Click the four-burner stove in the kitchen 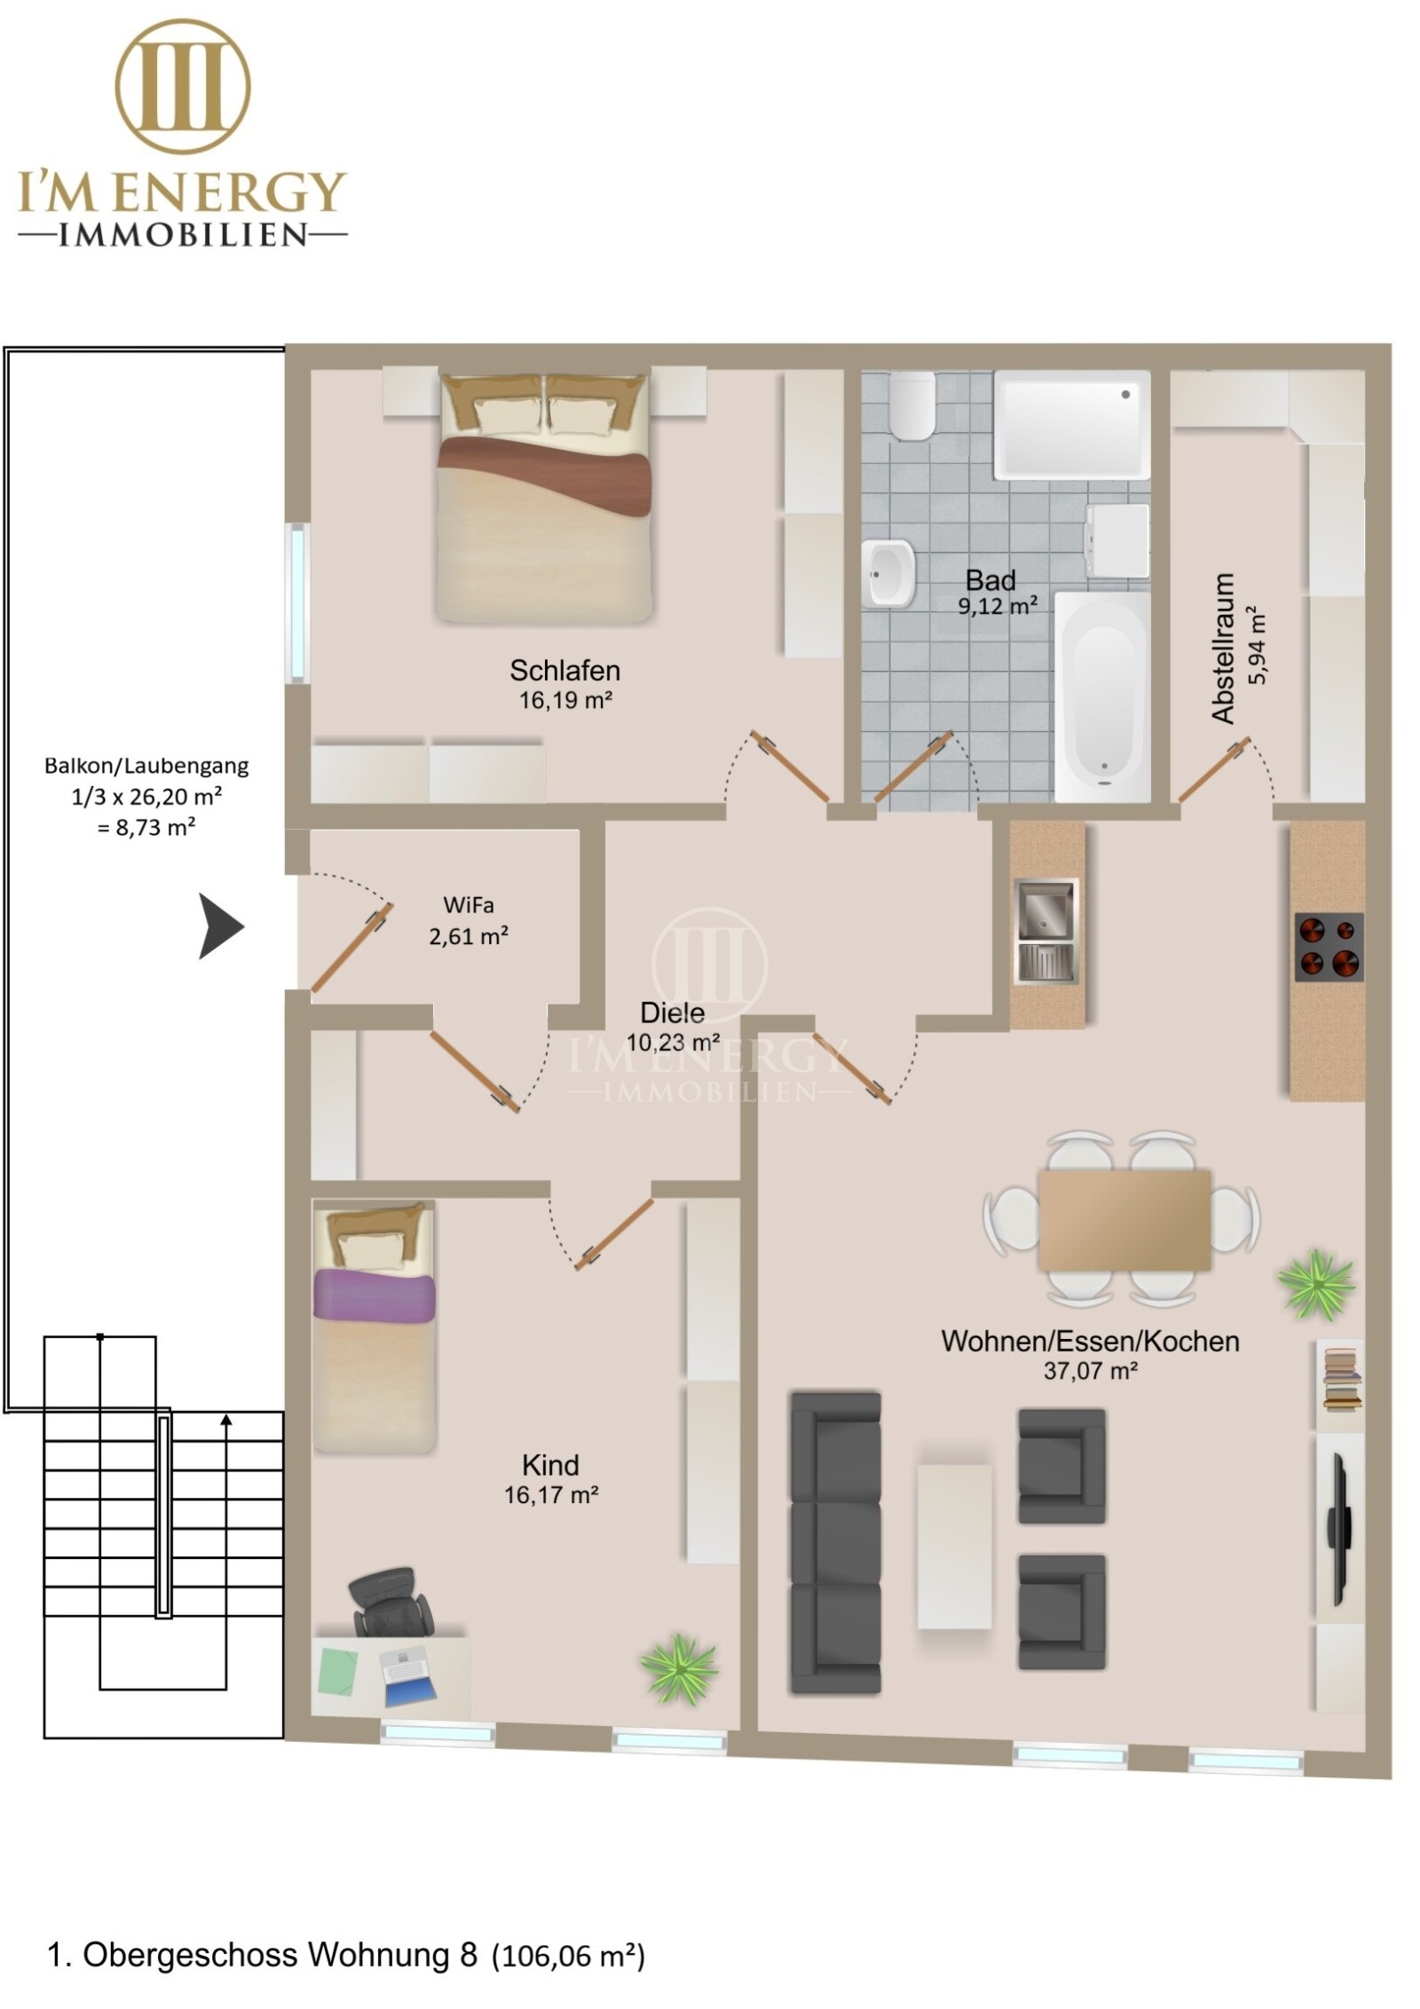(1328, 947)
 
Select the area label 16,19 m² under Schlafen (565, 700)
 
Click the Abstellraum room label (1223, 648)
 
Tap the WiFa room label (468, 905)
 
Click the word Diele (672, 1012)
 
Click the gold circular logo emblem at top (183, 86)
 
